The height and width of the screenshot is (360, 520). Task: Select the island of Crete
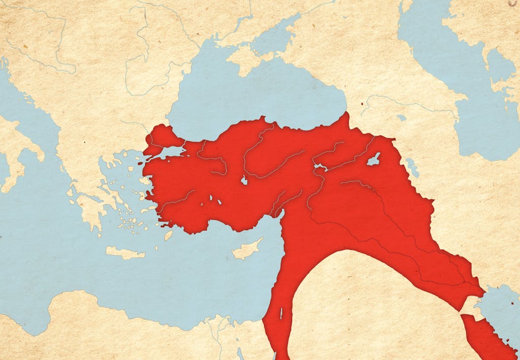pyautogui.click(x=125, y=253)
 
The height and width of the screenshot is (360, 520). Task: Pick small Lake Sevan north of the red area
pyautogui.click(x=401, y=118)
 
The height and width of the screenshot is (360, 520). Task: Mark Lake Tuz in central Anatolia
pyautogui.click(x=244, y=180)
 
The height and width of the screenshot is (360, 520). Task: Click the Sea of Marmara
pyautogui.click(x=173, y=151)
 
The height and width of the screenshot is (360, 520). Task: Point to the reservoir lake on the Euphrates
pyautogui.click(x=320, y=167)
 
